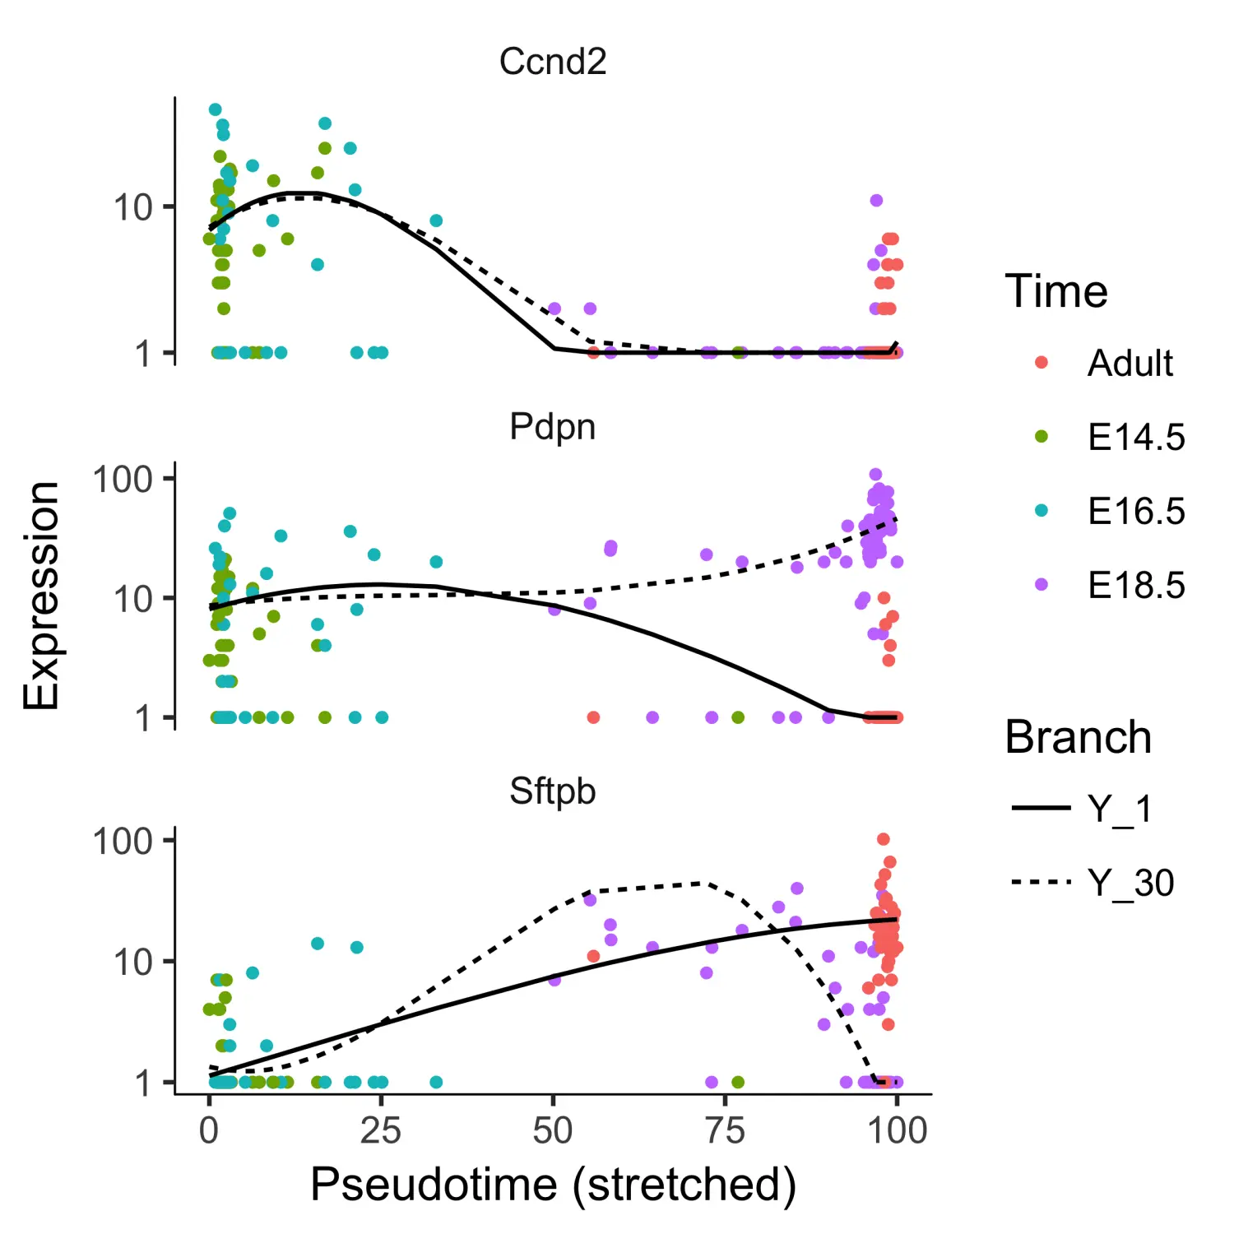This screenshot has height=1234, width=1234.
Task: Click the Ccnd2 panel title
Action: tap(553, 62)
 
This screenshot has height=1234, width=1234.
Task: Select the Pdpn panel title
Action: tap(553, 427)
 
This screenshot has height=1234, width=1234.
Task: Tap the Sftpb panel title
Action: tap(553, 791)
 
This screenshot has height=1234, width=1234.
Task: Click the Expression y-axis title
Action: tap(41, 596)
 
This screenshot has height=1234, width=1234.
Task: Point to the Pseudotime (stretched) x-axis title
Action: tap(553, 1185)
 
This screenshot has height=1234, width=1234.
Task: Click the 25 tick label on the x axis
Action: tap(381, 1131)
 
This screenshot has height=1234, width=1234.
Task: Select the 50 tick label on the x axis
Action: tap(553, 1131)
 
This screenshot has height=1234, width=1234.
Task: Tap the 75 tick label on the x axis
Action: tap(725, 1131)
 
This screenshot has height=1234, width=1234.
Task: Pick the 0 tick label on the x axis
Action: tap(209, 1131)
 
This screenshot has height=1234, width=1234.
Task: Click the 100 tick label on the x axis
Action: tap(898, 1131)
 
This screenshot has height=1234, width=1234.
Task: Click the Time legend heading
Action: tap(1056, 291)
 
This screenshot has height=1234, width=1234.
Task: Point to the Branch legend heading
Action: tap(1078, 737)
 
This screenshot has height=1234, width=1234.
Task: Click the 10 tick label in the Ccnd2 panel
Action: tap(133, 207)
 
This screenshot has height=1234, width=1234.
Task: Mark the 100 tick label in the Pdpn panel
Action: tap(123, 479)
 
